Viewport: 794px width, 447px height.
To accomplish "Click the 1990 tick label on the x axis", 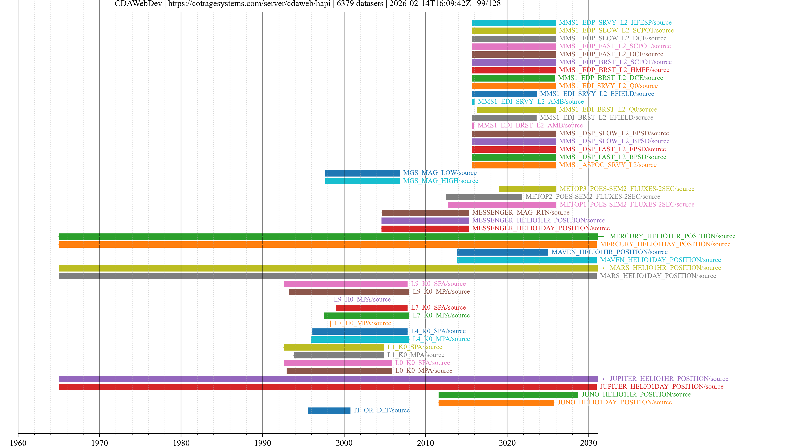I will tap(262, 443).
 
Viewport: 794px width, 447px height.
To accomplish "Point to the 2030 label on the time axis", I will tap(588, 443).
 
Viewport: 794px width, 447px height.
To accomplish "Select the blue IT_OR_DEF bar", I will tap(329, 410).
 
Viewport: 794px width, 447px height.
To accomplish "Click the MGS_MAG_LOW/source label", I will tap(440, 173).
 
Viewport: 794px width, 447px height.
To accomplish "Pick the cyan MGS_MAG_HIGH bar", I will tap(362, 181).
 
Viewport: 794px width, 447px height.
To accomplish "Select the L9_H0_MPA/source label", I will tap(362, 299).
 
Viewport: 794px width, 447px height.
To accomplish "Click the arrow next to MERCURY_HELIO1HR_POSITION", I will tap(601, 236).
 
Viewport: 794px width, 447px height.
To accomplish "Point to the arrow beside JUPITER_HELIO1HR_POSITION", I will tap(601, 379).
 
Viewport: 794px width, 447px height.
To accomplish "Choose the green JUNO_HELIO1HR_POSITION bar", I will tap(508, 395).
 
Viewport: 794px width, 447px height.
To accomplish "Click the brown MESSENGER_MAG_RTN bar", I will tap(425, 213).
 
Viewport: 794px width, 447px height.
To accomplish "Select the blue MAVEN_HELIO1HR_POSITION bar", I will tap(502, 252).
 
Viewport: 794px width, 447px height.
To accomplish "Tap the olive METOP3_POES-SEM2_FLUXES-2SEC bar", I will tap(527, 189).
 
